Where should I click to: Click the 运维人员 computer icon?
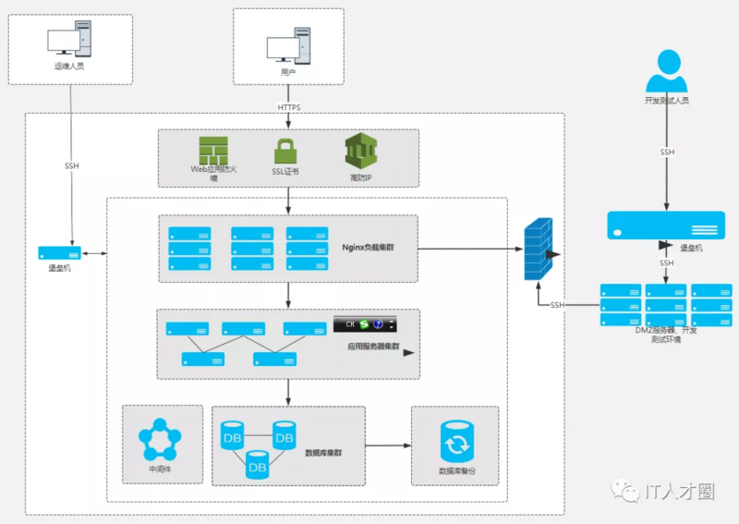pos(68,42)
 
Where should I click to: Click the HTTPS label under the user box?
pos(289,107)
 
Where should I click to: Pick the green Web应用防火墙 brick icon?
pos(213,150)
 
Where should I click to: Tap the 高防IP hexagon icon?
pos(361,151)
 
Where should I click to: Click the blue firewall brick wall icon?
pos(538,250)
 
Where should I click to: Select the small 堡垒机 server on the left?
pos(58,252)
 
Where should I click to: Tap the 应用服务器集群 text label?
pos(373,347)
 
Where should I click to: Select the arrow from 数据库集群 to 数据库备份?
pos(388,446)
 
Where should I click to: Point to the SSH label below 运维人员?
pos(71,166)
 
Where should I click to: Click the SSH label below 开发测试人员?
pos(667,152)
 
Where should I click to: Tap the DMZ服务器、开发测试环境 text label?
pos(666,335)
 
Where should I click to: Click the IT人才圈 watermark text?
pos(679,492)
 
